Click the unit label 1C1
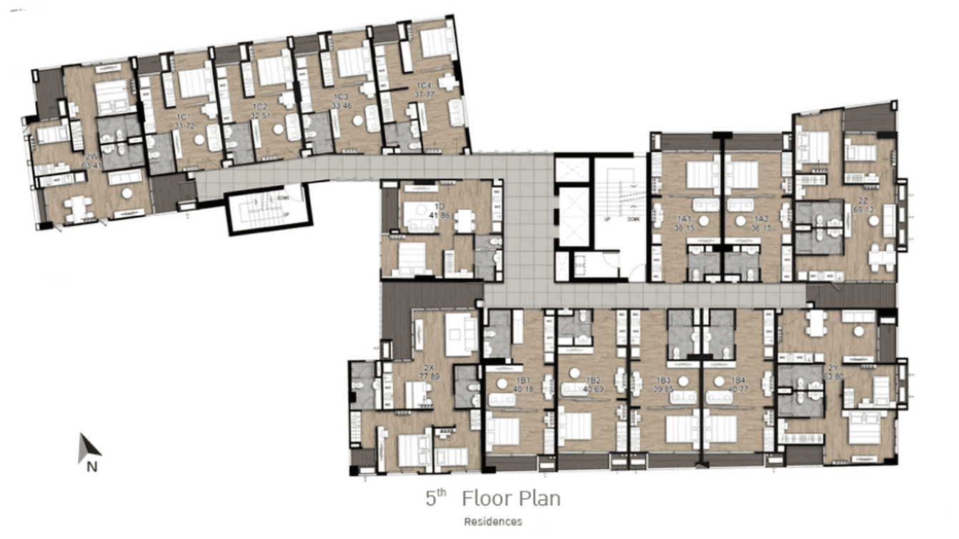point(182,117)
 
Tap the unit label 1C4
point(424,84)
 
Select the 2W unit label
point(91,157)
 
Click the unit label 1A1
point(685,219)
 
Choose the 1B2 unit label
point(592,380)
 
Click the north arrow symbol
point(89,446)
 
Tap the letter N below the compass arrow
point(91,468)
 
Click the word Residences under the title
point(492,521)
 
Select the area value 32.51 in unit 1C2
point(260,114)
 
